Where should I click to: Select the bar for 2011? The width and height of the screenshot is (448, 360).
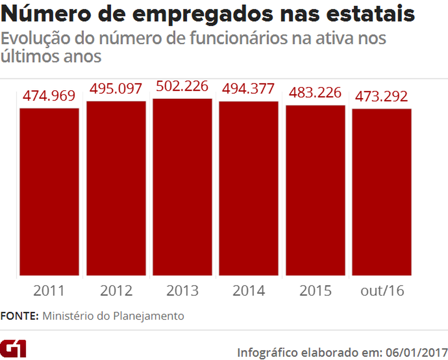[49, 191]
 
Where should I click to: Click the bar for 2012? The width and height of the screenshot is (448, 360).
[116, 188]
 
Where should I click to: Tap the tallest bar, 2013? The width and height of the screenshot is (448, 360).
[182, 187]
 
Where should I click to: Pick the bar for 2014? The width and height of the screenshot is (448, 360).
[249, 188]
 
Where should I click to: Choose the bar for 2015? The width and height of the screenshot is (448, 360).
[315, 190]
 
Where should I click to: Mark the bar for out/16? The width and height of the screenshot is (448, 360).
[382, 192]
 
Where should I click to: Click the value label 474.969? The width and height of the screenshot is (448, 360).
[49, 97]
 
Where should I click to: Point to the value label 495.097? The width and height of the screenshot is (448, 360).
[116, 89]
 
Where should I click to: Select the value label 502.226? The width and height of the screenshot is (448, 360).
[182, 86]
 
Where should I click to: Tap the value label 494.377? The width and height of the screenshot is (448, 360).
[249, 88]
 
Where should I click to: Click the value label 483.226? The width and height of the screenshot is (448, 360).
[315, 93]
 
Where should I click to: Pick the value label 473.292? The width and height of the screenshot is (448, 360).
[382, 97]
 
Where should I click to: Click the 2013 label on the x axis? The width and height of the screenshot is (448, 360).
[182, 291]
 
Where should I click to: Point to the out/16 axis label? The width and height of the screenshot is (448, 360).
[382, 291]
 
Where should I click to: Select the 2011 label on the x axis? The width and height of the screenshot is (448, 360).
[49, 291]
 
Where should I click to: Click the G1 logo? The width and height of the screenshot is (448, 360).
[14, 349]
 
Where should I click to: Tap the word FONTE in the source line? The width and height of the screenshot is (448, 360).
[20, 316]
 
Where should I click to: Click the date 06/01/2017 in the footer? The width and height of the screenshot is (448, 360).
[416, 352]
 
